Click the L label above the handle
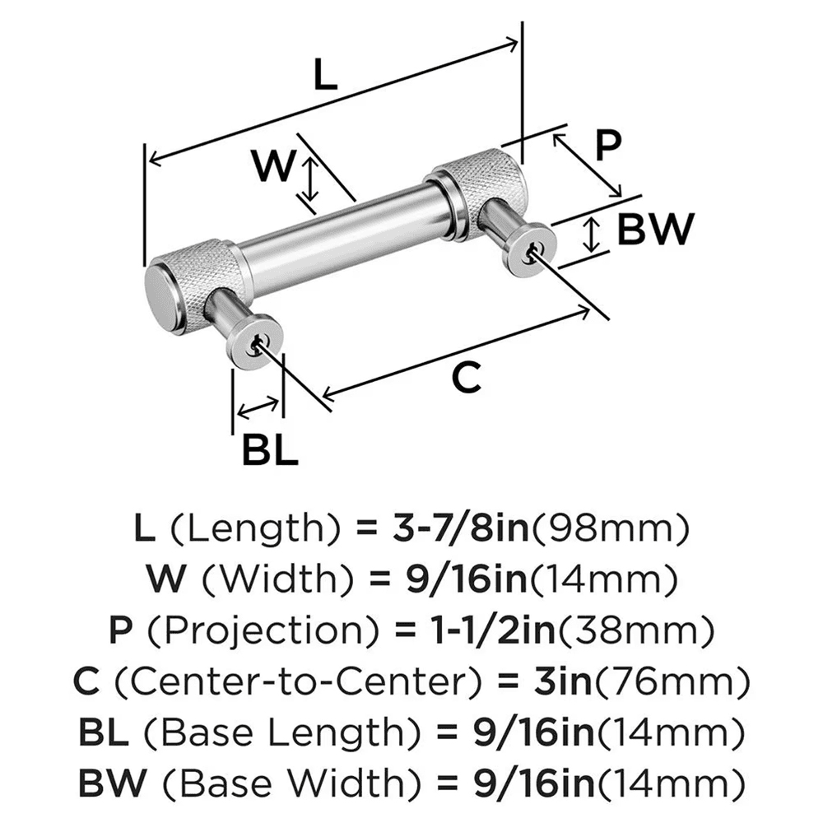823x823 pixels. (x=326, y=77)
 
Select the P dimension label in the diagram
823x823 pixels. (x=607, y=146)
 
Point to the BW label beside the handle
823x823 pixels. (x=656, y=229)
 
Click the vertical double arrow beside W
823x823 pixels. (x=309, y=182)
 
